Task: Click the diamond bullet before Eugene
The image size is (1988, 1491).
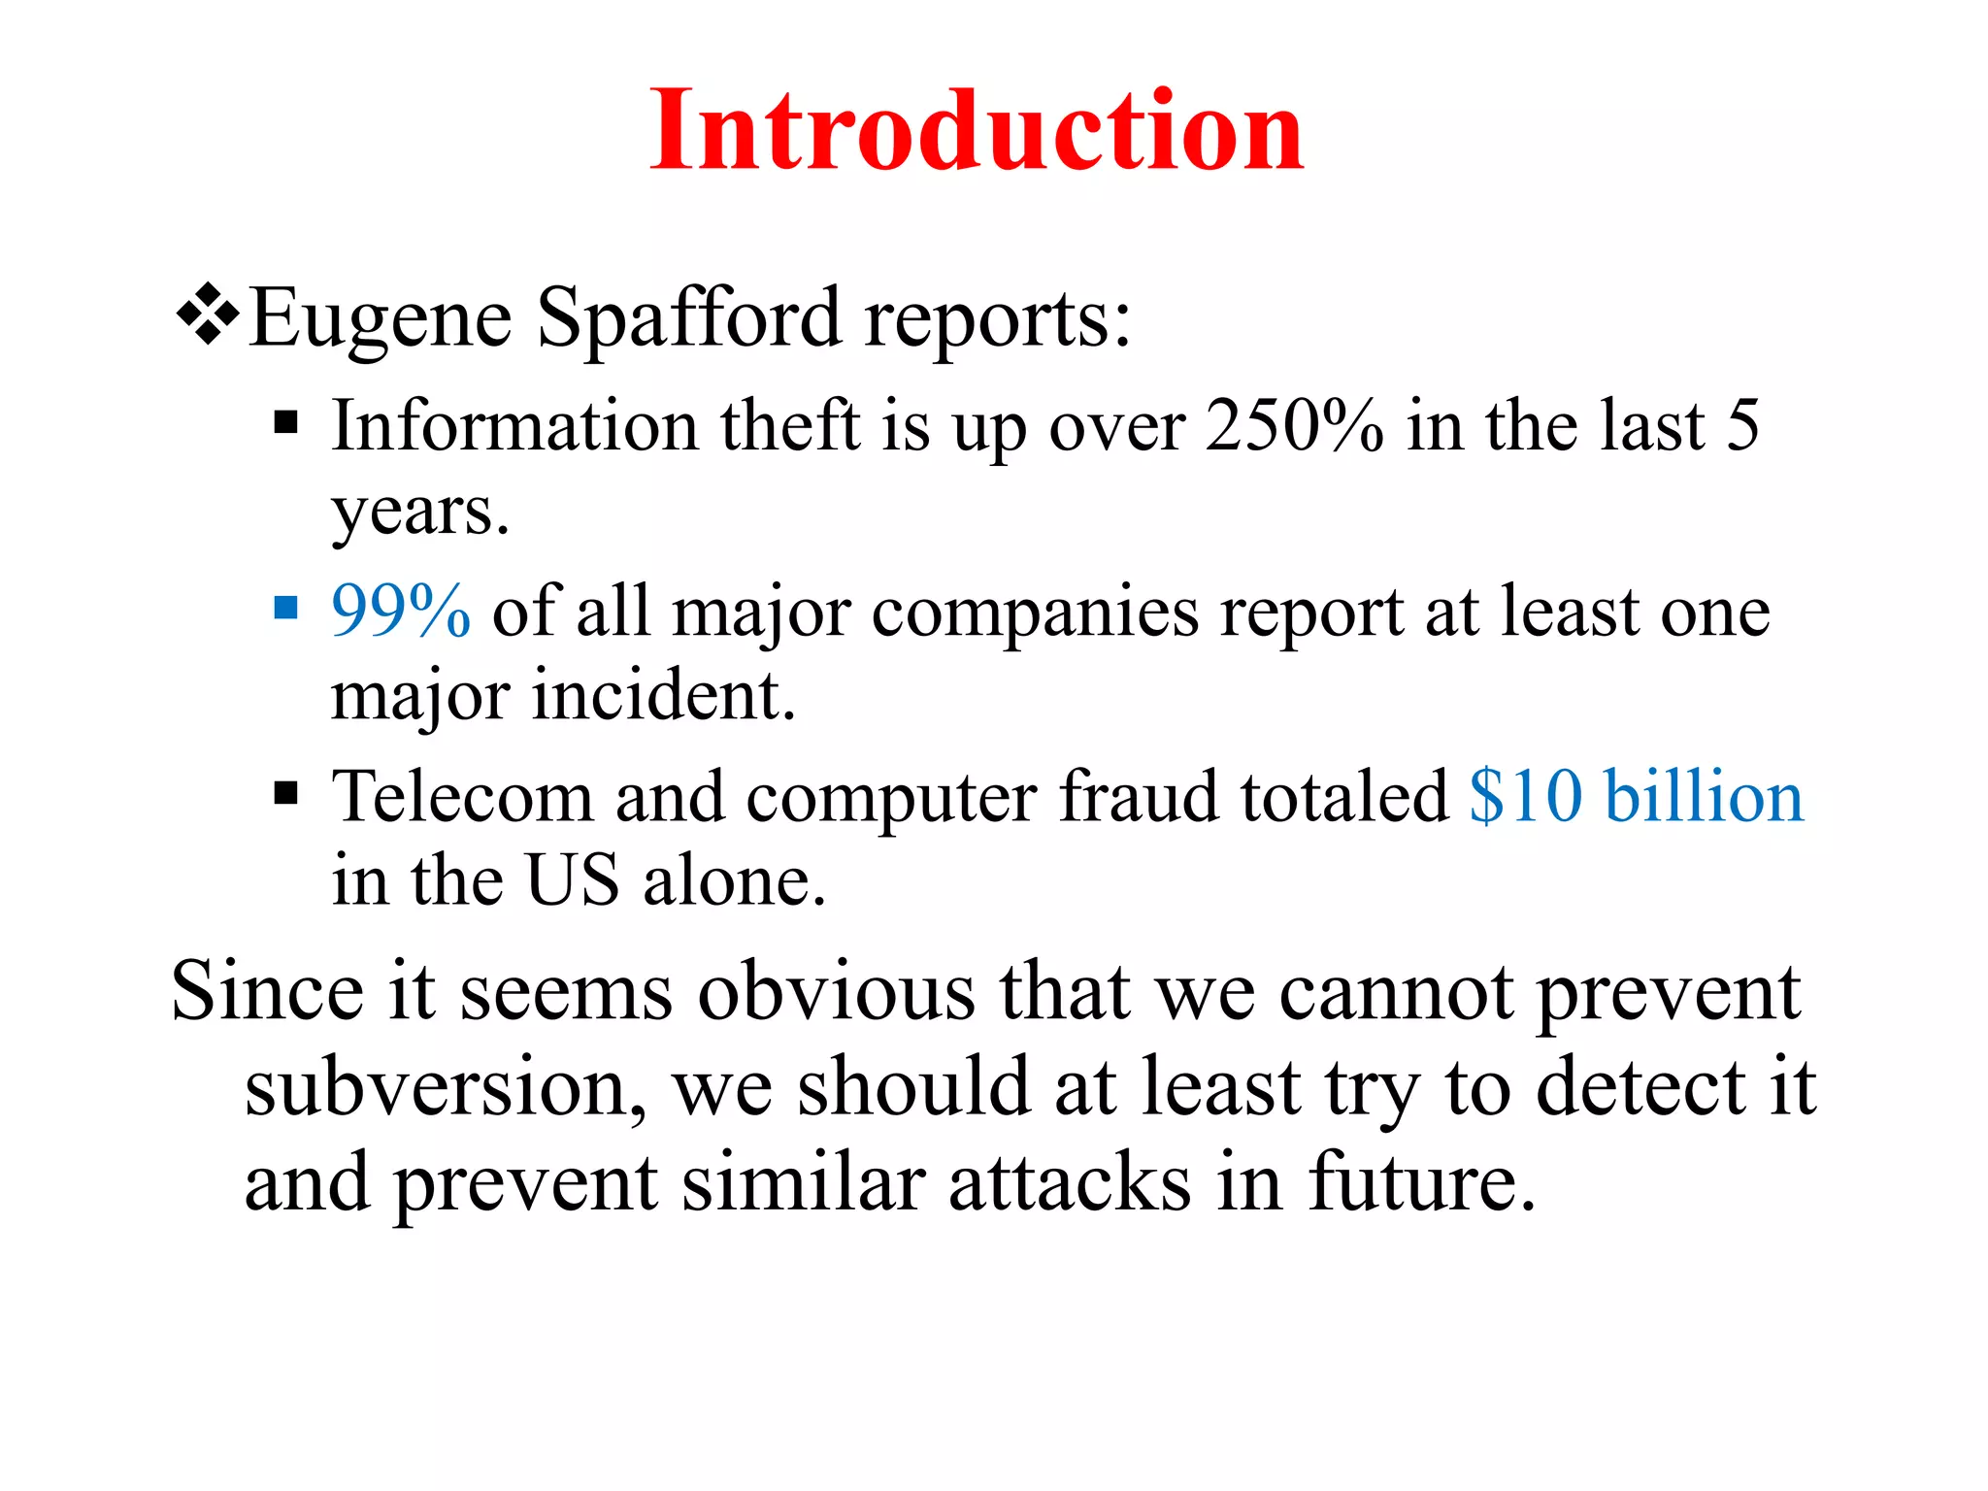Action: coord(208,315)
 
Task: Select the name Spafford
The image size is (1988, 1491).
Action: coord(688,318)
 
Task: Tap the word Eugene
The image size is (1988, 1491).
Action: coord(381,320)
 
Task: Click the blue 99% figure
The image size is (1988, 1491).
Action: coord(401,612)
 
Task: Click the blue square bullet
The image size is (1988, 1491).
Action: coord(285,609)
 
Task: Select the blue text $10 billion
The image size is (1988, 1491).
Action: coord(1636,797)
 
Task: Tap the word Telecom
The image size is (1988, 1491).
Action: coord(462,797)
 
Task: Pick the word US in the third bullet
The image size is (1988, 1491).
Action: coord(572,880)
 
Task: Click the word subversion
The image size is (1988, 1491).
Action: coord(446,1087)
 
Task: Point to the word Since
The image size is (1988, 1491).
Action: coord(268,991)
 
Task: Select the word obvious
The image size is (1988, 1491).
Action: coord(837,991)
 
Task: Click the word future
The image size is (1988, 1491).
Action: coord(1421,1183)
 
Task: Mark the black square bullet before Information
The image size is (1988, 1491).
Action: coord(285,423)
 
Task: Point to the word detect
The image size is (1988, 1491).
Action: coord(1640,1087)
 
